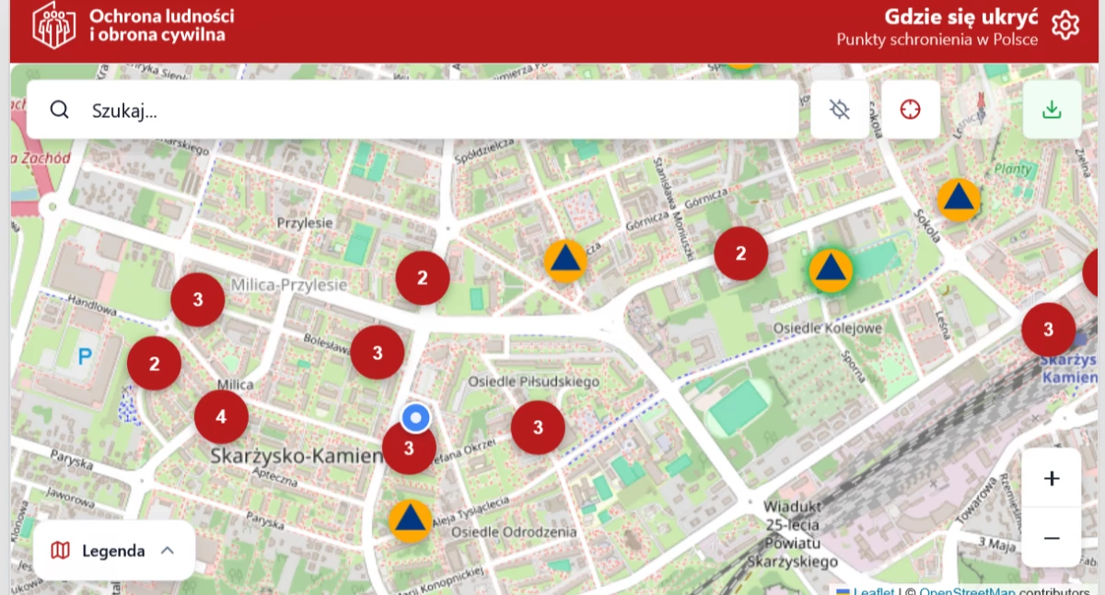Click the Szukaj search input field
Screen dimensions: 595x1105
[x=414, y=111]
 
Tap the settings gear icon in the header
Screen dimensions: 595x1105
[x=1065, y=25]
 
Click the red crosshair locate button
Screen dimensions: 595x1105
[x=910, y=110]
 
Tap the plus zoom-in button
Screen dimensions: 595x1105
[x=1052, y=478]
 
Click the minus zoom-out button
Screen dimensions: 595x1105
[x=1052, y=538]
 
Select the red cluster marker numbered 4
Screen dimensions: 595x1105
[x=221, y=417]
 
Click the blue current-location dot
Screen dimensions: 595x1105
[x=416, y=419]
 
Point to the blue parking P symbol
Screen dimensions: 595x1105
[x=86, y=356]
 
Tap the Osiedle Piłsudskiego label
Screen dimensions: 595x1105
[x=533, y=381]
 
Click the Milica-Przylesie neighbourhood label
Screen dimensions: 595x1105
[x=289, y=285]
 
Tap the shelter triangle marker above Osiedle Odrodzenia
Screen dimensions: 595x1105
[x=410, y=520]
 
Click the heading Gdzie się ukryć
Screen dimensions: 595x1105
[x=961, y=17]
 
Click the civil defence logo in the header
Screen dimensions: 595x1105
[x=54, y=25]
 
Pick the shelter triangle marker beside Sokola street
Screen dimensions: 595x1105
[x=959, y=199]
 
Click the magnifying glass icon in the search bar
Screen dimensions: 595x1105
[x=60, y=111]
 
